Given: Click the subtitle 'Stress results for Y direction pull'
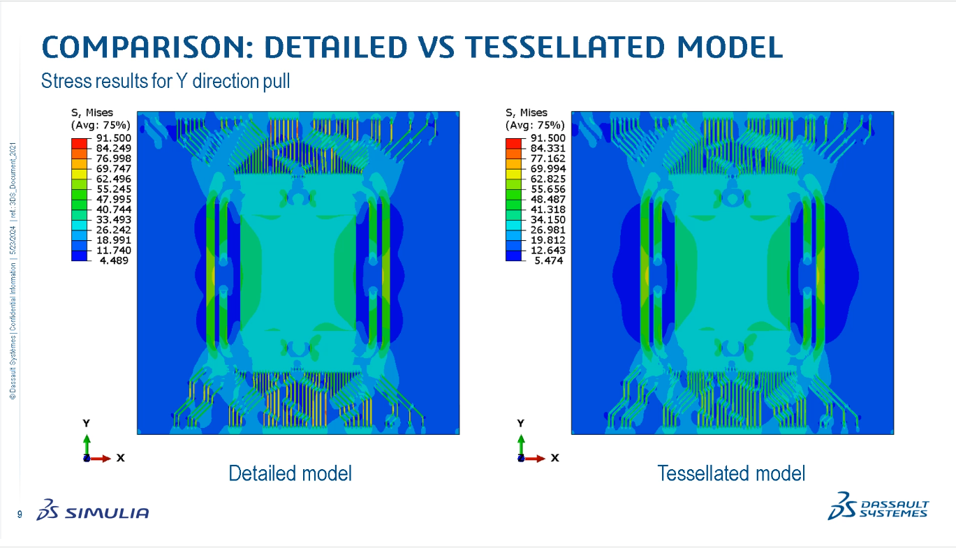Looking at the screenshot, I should (166, 81).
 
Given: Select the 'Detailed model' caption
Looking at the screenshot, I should (290, 473).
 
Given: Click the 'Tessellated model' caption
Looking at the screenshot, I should (731, 473).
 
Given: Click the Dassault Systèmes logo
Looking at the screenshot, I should (878, 508).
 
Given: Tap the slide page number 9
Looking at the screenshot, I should (19, 515).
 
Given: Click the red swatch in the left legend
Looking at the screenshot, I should (79, 142).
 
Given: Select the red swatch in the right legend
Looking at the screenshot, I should (513, 142).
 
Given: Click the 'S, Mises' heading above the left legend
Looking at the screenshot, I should (91, 112).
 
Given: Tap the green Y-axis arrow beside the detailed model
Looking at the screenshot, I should (86, 444).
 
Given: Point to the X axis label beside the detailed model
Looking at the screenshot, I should (121, 458).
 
